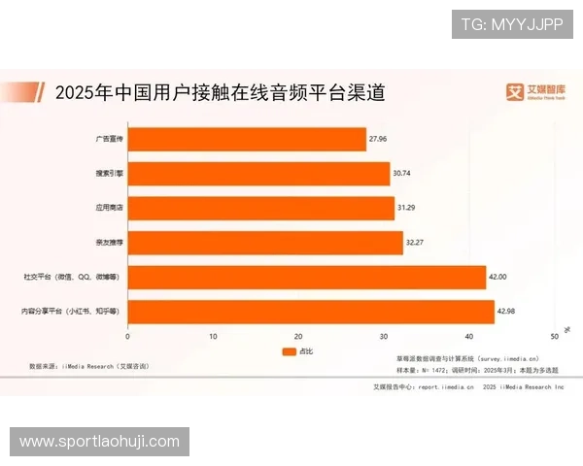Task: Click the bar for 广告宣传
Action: [x=247, y=140]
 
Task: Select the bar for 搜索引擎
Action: [x=258, y=174]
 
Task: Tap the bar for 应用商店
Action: [x=260, y=209]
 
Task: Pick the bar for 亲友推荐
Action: [x=264, y=243]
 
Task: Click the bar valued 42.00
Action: [x=306, y=278]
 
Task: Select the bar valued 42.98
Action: [x=311, y=312]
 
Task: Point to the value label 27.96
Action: [x=378, y=140]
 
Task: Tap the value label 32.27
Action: [x=415, y=243]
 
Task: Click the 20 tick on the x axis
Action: [x=298, y=336]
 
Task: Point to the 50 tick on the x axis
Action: [x=554, y=336]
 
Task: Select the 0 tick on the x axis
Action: [x=128, y=336]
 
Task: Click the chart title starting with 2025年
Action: [x=221, y=93]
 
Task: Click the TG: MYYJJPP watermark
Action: [x=512, y=23]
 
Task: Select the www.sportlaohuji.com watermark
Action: [x=100, y=442]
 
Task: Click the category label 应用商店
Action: [x=111, y=209]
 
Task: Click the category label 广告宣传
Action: [x=111, y=140]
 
